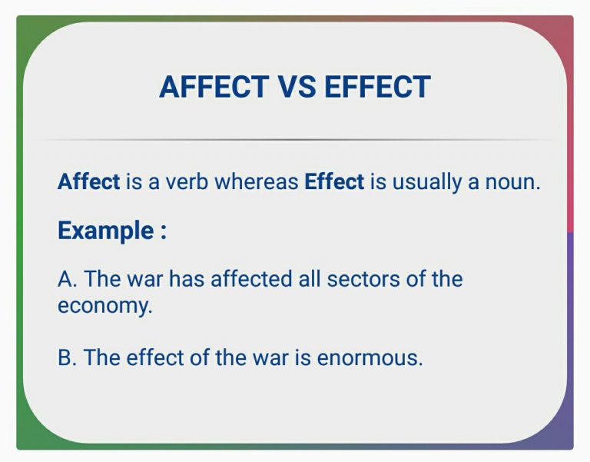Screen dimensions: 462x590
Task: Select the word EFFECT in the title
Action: pos(377,86)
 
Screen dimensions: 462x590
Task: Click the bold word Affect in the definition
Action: pos(88,182)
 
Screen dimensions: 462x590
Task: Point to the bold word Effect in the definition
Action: pos(334,182)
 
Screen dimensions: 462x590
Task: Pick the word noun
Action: pos(514,182)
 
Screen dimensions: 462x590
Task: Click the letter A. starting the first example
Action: pos(67,278)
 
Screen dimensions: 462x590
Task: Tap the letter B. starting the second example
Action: pos(67,357)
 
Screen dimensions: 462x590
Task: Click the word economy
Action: pos(104,306)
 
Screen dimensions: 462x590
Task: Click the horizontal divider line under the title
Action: pos(296,140)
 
